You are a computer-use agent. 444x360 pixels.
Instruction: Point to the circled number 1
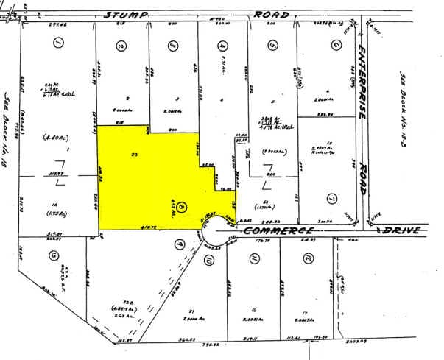click(56, 44)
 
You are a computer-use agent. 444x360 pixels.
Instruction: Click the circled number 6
click(336, 44)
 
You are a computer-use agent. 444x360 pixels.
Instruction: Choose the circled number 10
click(209, 261)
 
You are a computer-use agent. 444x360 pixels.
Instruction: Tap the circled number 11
click(254, 258)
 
